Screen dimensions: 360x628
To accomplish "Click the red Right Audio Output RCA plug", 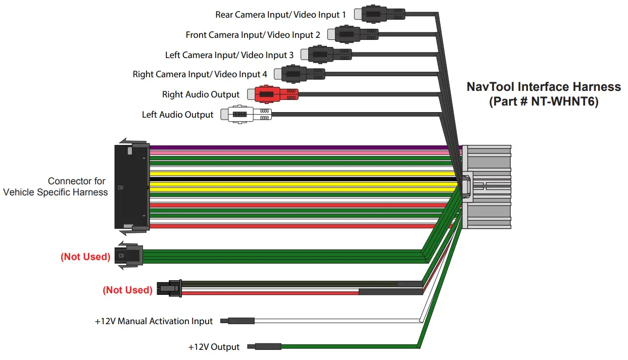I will [273, 94].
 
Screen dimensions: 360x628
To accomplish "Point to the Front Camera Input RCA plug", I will [353, 34].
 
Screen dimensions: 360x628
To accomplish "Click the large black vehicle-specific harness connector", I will [131, 187].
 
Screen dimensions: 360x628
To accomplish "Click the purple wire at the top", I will [303, 148].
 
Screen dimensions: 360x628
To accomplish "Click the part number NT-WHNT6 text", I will [544, 101].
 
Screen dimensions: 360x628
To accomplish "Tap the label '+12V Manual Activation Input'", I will [154, 321].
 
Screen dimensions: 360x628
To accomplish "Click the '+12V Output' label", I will [214, 347].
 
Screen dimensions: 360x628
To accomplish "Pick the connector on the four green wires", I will [129, 256].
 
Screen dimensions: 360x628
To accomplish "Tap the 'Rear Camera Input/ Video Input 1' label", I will [280, 15].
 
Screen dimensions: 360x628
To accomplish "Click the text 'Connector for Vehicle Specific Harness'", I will [56, 186].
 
